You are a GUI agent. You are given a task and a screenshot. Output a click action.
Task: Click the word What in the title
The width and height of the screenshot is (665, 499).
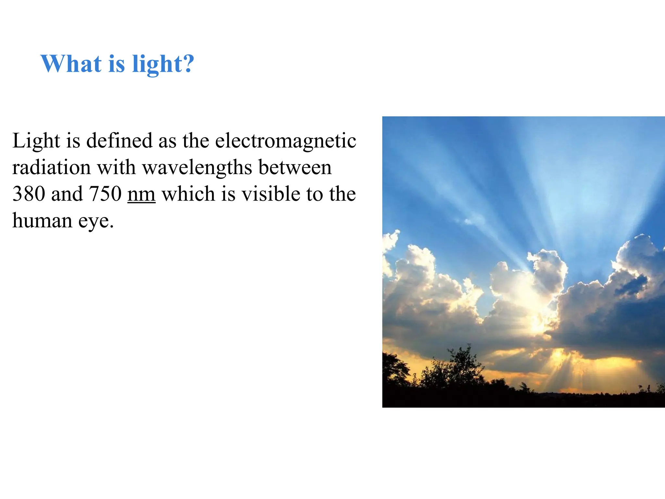pyautogui.click(x=71, y=64)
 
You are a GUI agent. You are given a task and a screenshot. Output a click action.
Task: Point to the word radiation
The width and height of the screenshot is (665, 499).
pyautogui.click(x=51, y=168)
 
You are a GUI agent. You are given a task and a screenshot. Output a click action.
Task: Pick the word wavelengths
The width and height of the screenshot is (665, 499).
pyautogui.click(x=197, y=168)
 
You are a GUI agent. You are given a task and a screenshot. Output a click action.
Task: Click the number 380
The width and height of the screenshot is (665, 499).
pyautogui.click(x=29, y=194)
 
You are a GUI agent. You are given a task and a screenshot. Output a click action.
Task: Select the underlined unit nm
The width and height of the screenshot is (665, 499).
pyautogui.click(x=141, y=195)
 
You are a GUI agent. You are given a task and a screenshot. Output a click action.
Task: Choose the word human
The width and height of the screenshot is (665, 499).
pyautogui.click(x=42, y=221)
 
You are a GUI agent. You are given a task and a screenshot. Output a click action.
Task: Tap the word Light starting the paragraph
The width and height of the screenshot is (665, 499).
pyautogui.click(x=36, y=141)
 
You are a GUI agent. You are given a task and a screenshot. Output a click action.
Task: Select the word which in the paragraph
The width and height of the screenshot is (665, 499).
pyautogui.click(x=188, y=194)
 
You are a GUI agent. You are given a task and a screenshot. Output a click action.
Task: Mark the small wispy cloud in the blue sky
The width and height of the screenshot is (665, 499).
pyautogui.click(x=471, y=221)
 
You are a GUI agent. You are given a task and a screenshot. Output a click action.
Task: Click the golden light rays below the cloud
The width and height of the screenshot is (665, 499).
pyautogui.click(x=565, y=367)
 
